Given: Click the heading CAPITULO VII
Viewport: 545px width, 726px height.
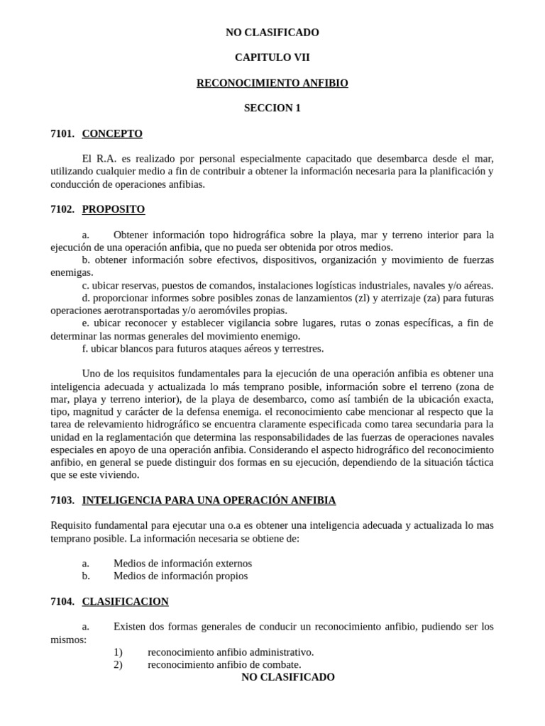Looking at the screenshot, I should tap(272, 57).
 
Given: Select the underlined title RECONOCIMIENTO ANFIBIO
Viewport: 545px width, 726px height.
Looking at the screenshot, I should tap(272, 83).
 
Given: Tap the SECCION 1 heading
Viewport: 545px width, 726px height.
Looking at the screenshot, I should tap(272, 108).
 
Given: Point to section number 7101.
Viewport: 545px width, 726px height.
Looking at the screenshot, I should tap(62, 133).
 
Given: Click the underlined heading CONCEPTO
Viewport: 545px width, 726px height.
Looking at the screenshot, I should tap(112, 133).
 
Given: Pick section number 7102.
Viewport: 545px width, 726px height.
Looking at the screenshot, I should tap(62, 209).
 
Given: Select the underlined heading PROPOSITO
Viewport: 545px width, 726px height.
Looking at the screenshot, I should tap(114, 209).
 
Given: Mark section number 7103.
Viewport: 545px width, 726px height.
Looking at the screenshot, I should tap(62, 500).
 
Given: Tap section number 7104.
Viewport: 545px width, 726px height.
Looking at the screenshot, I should tap(62, 601).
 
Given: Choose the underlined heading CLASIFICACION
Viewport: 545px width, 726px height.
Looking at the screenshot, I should tap(126, 601).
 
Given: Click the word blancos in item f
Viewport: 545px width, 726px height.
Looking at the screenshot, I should tap(132, 348).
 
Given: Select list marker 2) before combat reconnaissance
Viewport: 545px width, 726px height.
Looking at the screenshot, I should tap(118, 664).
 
